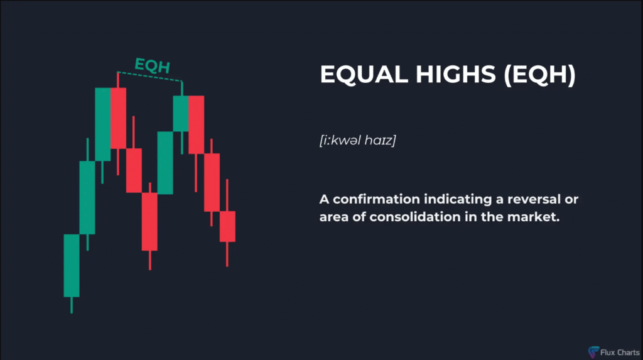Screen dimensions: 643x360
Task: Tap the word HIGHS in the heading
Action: (456, 74)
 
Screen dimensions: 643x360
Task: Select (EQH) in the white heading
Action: (540, 75)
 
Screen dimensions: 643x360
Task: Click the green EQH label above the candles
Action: (152, 66)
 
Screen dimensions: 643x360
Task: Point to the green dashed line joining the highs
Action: (149, 77)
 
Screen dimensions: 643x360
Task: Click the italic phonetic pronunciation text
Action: (357, 140)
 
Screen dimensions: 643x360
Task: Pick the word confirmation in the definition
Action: (376, 200)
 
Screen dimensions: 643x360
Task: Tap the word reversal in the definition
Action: (534, 200)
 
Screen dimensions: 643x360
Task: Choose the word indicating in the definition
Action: (458, 200)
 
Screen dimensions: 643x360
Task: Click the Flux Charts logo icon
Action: (593, 352)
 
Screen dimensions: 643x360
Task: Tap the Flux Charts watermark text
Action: (620, 352)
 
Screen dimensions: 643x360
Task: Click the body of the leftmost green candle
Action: (72, 266)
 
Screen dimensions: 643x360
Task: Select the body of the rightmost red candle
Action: (227, 227)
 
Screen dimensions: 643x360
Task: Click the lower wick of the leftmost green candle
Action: (72, 305)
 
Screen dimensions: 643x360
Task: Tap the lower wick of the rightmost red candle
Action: (227, 254)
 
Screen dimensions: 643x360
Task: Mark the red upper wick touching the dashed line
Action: (118, 80)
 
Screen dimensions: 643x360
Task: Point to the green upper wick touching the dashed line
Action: (181, 89)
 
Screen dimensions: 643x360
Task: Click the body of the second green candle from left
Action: (87, 197)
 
